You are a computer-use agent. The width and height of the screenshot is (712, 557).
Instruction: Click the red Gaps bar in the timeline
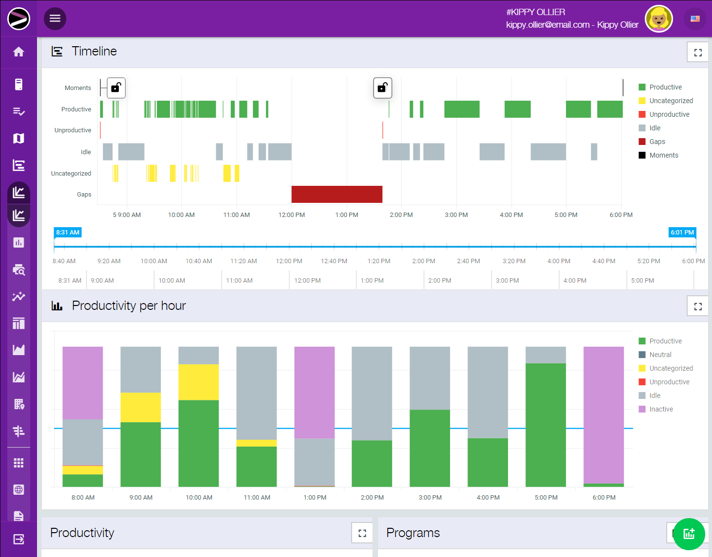(x=337, y=194)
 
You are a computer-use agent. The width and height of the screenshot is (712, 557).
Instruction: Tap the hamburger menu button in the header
(x=55, y=18)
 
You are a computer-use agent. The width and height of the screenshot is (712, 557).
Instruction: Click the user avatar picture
(x=658, y=19)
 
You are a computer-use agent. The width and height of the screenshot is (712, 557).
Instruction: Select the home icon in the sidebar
(x=19, y=52)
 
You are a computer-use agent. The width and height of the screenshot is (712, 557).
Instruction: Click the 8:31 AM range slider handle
(x=68, y=233)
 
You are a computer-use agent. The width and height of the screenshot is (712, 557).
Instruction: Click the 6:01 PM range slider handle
(x=682, y=233)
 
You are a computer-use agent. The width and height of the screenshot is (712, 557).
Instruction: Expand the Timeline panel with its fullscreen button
(x=697, y=52)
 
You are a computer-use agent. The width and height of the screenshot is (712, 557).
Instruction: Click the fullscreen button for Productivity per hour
(x=697, y=306)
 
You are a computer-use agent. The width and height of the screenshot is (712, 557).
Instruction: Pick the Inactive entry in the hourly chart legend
(x=661, y=409)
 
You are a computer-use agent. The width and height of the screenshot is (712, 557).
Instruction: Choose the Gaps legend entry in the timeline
(x=657, y=142)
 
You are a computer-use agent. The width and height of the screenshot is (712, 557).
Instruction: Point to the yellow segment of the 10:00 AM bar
(x=199, y=382)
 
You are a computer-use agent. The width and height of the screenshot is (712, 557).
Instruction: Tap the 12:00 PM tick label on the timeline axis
(x=291, y=215)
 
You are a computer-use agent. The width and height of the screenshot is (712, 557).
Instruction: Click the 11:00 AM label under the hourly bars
(x=257, y=498)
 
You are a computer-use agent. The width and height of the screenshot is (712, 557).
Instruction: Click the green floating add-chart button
(x=689, y=534)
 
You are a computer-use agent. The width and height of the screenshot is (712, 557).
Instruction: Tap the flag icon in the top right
(x=695, y=19)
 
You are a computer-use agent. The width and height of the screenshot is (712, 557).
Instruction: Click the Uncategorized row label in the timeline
(x=71, y=174)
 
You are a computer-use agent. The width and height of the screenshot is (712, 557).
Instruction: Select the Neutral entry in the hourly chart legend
(x=660, y=355)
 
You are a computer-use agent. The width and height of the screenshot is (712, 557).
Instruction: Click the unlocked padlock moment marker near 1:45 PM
(x=383, y=88)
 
